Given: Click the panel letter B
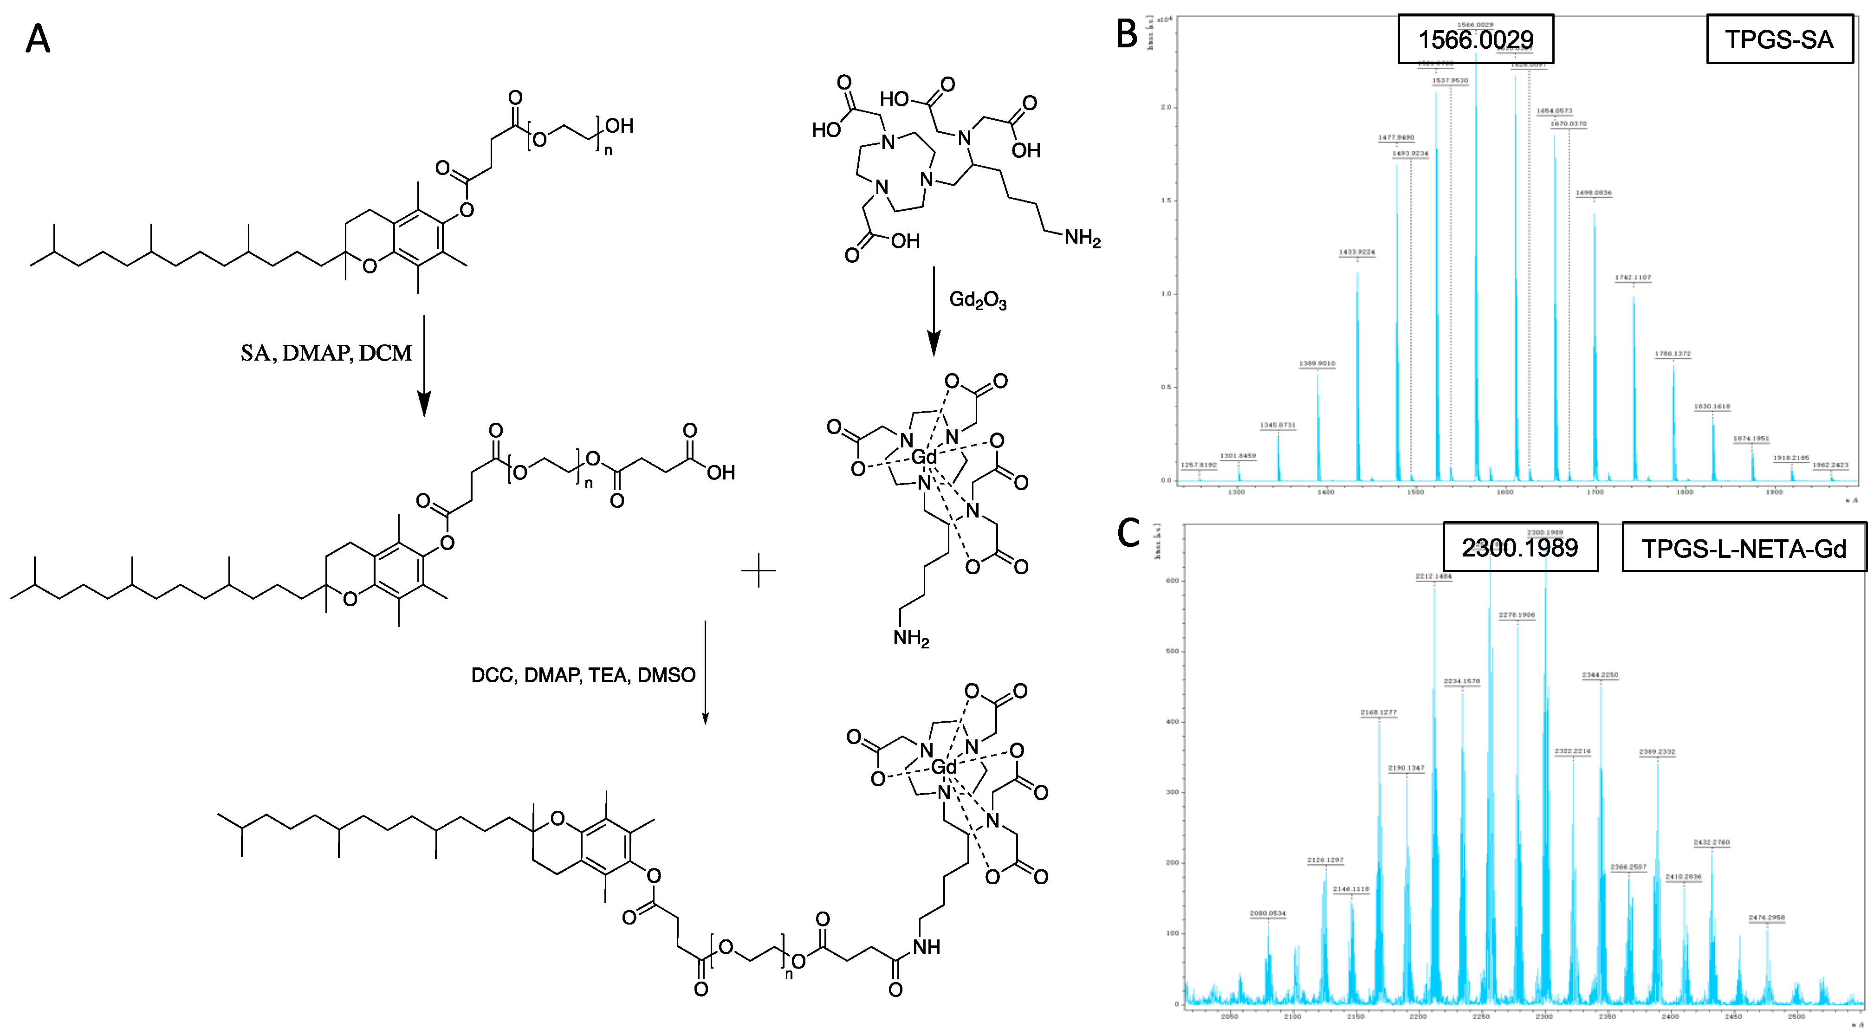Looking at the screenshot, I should tap(1127, 34).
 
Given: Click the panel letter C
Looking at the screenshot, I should tap(1128, 533).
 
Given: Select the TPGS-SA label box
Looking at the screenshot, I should tap(1779, 40).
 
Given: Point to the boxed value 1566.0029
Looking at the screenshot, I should tap(1475, 39).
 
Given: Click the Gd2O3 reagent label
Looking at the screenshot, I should tap(978, 300).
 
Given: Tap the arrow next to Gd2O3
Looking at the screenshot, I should tap(934, 313).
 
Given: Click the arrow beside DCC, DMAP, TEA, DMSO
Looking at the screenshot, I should tap(705, 673).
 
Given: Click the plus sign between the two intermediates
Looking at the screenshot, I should tap(759, 570).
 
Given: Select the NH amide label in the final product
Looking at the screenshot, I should tap(927, 947).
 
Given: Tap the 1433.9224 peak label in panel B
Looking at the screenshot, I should tap(1357, 252).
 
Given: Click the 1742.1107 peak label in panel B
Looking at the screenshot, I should tap(1633, 278).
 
